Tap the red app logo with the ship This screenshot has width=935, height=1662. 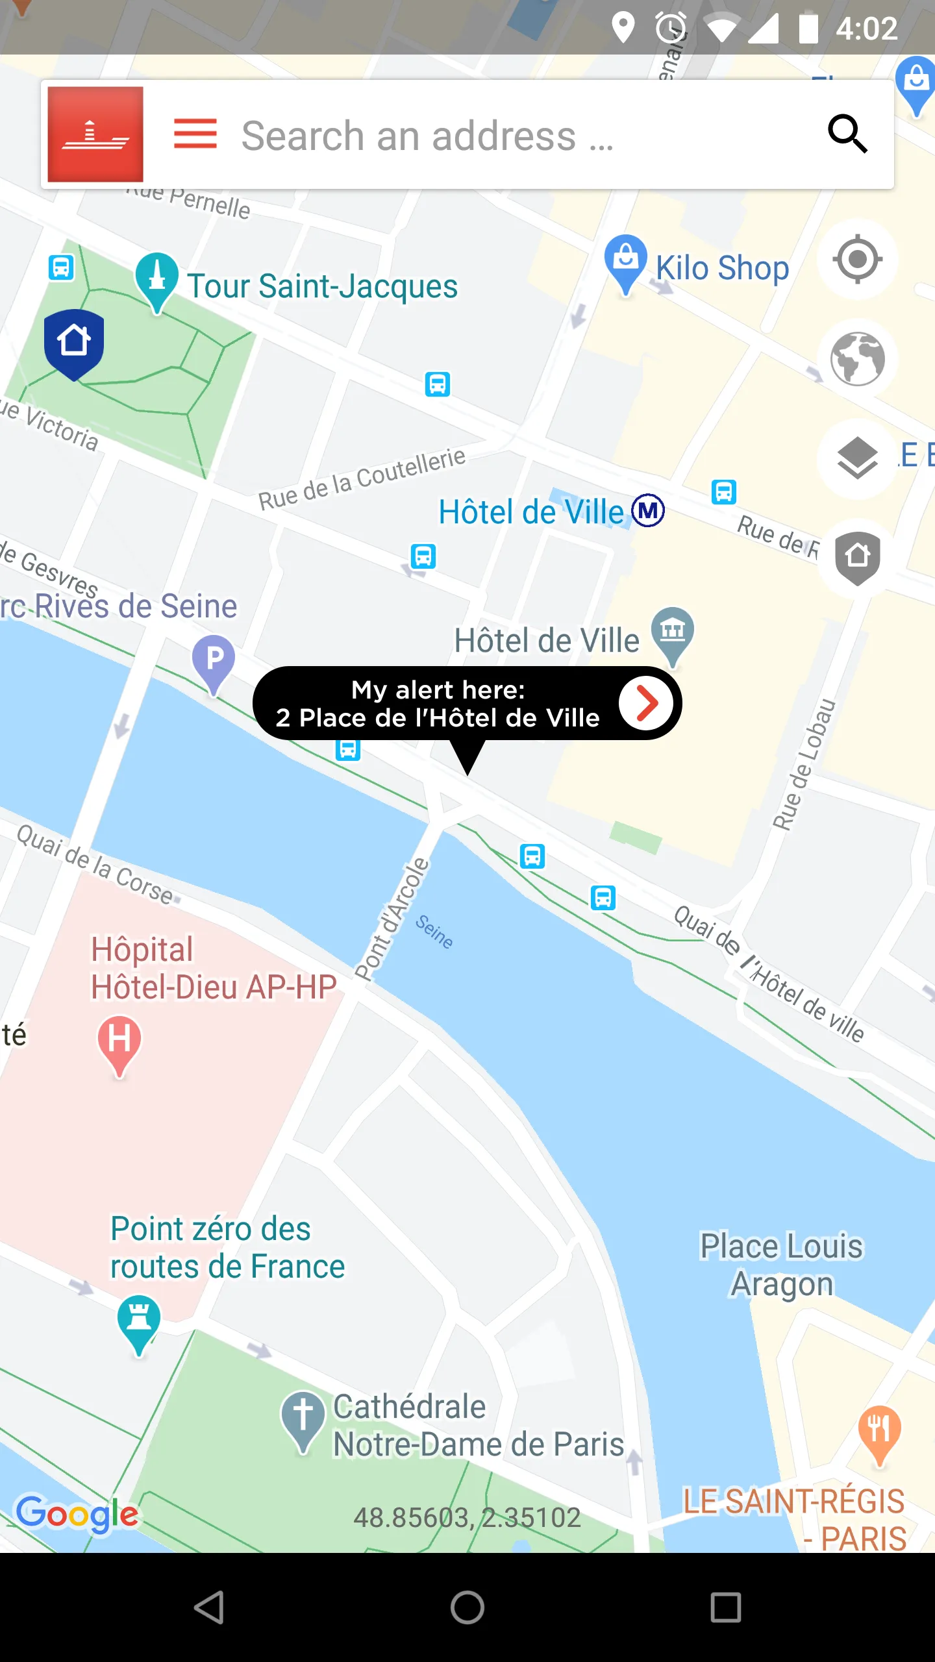95,134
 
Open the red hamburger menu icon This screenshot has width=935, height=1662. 195,134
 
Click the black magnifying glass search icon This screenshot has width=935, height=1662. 847,134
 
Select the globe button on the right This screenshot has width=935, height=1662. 857,359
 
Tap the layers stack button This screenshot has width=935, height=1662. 857,458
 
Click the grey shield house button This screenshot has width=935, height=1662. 857,558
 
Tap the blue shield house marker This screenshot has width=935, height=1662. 74,343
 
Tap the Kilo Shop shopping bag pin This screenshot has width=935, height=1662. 625,261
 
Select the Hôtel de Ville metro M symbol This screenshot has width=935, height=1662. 649,510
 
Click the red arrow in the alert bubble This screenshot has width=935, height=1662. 646,703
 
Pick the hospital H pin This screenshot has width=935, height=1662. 119,1041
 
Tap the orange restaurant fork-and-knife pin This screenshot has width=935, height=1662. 879,1431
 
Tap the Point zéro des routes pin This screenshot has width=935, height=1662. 139,1321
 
